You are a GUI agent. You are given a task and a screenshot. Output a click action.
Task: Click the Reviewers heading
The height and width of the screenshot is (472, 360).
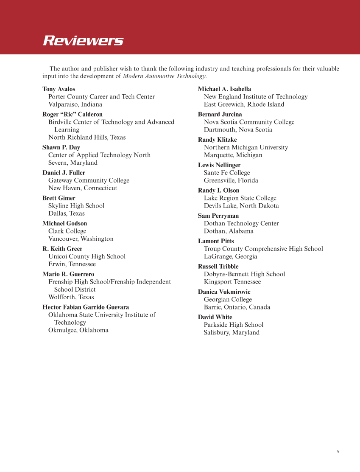[83, 41]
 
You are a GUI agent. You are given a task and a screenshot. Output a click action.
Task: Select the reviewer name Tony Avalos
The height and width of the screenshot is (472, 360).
[59, 89]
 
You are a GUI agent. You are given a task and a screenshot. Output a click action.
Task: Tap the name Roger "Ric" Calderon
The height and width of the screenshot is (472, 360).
[73, 115]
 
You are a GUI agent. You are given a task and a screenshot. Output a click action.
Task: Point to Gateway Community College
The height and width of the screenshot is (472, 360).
[89, 180]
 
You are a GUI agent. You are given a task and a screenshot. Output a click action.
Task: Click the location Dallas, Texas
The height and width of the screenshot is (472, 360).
[67, 214]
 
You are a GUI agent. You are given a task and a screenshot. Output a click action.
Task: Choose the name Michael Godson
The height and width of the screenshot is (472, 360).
[65, 224]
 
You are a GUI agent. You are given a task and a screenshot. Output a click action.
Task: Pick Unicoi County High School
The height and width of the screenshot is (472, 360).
[87, 256]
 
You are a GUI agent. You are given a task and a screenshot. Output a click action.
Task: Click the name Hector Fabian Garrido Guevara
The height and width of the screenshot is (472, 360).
[86, 307]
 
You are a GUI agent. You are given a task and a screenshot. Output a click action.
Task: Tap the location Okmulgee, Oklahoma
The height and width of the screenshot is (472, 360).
[78, 330]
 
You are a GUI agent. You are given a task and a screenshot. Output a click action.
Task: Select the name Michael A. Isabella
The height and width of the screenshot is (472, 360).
[224, 89]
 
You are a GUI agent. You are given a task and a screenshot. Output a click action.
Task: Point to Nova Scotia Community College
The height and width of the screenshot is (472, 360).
[249, 122]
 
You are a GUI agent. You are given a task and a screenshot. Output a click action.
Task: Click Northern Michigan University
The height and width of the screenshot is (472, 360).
[246, 148]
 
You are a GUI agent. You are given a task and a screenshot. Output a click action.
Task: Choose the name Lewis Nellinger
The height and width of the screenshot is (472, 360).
[219, 165]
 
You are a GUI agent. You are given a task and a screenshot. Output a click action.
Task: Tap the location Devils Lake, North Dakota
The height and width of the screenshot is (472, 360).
[241, 206]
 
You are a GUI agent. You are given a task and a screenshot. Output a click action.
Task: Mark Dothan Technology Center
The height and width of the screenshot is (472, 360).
[241, 224]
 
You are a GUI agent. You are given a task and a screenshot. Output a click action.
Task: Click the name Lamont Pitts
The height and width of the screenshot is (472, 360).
[216, 241]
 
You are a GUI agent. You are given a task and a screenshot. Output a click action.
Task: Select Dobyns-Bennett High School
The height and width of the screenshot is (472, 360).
[244, 274]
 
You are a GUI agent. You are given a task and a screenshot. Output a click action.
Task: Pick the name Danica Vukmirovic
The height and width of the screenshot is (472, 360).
[224, 292]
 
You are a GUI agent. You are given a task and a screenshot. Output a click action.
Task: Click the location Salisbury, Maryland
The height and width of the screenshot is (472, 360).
[232, 333]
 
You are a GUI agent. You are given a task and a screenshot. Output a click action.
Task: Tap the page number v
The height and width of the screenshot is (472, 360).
[338, 452]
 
